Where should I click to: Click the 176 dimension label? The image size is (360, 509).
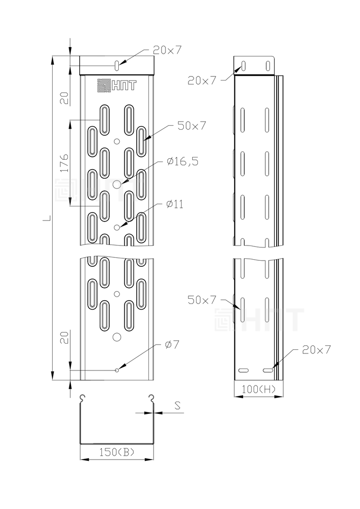tap(64, 163)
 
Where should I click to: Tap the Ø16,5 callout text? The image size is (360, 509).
tap(183, 161)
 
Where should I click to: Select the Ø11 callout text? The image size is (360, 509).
tap(174, 204)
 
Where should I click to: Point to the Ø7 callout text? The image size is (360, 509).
tap(172, 345)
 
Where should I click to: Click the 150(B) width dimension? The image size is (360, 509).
tap(117, 452)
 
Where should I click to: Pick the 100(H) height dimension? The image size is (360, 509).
tap(259, 389)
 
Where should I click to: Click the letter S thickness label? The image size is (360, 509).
tap(177, 405)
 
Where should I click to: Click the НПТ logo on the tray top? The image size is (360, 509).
tap(117, 85)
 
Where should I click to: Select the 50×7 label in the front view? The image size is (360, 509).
tap(191, 126)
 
